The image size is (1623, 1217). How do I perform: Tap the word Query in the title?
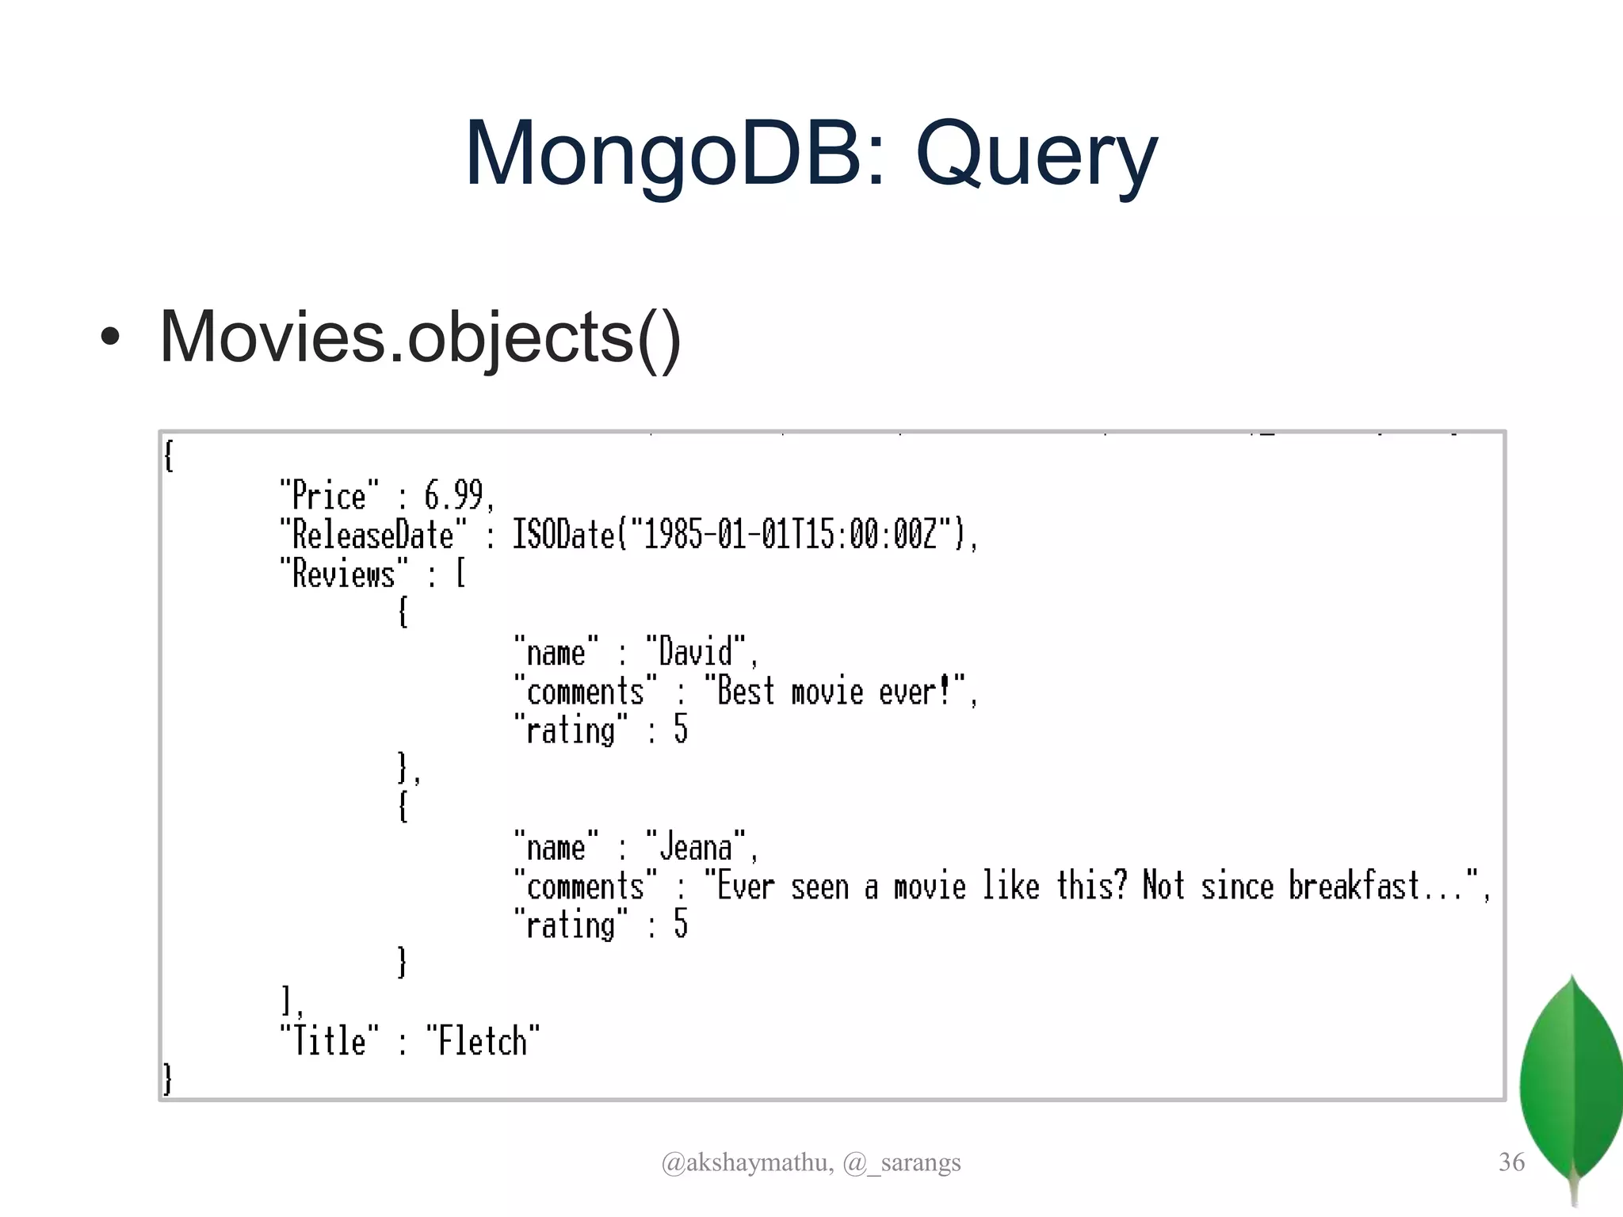click(1037, 154)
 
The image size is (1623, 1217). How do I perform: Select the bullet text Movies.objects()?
click(420, 337)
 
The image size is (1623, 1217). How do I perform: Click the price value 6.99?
click(454, 496)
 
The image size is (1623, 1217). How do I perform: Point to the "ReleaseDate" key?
click(373, 535)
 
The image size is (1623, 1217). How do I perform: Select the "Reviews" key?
click(344, 574)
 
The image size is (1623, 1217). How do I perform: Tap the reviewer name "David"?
click(697, 652)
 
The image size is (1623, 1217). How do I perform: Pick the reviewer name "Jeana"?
click(697, 847)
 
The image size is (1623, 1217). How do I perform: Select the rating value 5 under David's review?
click(681, 730)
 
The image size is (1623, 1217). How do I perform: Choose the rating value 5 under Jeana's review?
click(681, 925)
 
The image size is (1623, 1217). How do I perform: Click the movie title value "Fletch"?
click(483, 1041)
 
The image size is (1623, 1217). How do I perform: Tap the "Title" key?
click(329, 1041)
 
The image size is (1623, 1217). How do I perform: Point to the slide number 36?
click(1511, 1162)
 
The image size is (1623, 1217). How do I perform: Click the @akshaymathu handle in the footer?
click(746, 1162)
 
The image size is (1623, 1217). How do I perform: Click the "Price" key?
click(329, 496)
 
